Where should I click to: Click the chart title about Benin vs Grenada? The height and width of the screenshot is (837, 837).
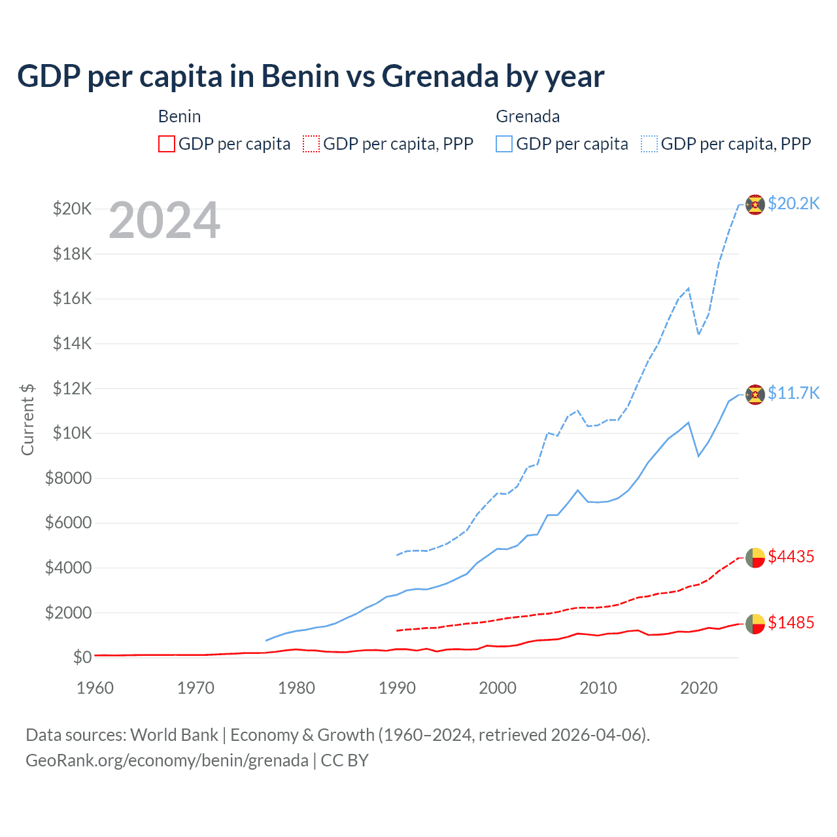pyautogui.click(x=311, y=77)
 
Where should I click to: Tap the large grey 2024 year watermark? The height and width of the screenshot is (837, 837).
pyautogui.click(x=164, y=220)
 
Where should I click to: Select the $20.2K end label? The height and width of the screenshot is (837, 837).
pyautogui.click(x=793, y=203)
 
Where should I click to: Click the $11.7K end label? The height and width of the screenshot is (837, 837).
pyautogui.click(x=793, y=393)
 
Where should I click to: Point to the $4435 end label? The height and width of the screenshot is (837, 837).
pyautogui.click(x=791, y=556)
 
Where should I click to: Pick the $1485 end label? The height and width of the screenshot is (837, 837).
pyautogui.click(x=791, y=623)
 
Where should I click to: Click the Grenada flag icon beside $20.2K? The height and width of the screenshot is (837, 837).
pyautogui.click(x=755, y=205)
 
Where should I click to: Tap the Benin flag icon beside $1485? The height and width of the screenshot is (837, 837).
pyautogui.click(x=755, y=624)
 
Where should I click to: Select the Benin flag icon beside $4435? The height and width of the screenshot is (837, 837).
pyautogui.click(x=755, y=558)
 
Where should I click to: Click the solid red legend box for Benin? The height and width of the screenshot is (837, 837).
pyautogui.click(x=167, y=144)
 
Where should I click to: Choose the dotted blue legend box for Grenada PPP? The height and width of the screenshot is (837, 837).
pyautogui.click(x=649, y=144)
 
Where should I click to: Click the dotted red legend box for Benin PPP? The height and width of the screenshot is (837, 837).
pyautogui.click(x=311, y=144)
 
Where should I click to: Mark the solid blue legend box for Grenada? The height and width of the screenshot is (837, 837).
pyautogui.click(x=504, y=144)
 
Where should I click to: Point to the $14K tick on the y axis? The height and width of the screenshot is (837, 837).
pyautogui.click(x=73, y=343)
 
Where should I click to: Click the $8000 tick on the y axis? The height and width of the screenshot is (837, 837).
pyautogui.click(x=69, y=478)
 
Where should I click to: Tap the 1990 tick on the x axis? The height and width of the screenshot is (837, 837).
pyautogui.click(x=398, y=688)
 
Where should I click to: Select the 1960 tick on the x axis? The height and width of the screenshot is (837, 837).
pyautogui.click(x=95, y=688)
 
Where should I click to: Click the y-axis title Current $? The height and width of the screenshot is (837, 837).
pyautogui.click(x=27, y=419)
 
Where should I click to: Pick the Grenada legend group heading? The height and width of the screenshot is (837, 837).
pyautogui.click(x=528, y=116)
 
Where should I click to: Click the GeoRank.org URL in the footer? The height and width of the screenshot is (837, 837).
pyautogui.click(x=167, y=760)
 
